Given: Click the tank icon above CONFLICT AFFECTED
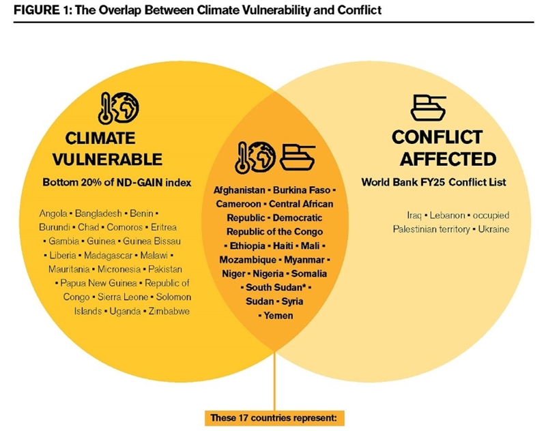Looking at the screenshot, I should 429,107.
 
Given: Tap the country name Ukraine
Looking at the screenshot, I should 493,229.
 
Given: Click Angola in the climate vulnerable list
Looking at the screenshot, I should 54,213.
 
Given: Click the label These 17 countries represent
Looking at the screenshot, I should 274,417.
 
